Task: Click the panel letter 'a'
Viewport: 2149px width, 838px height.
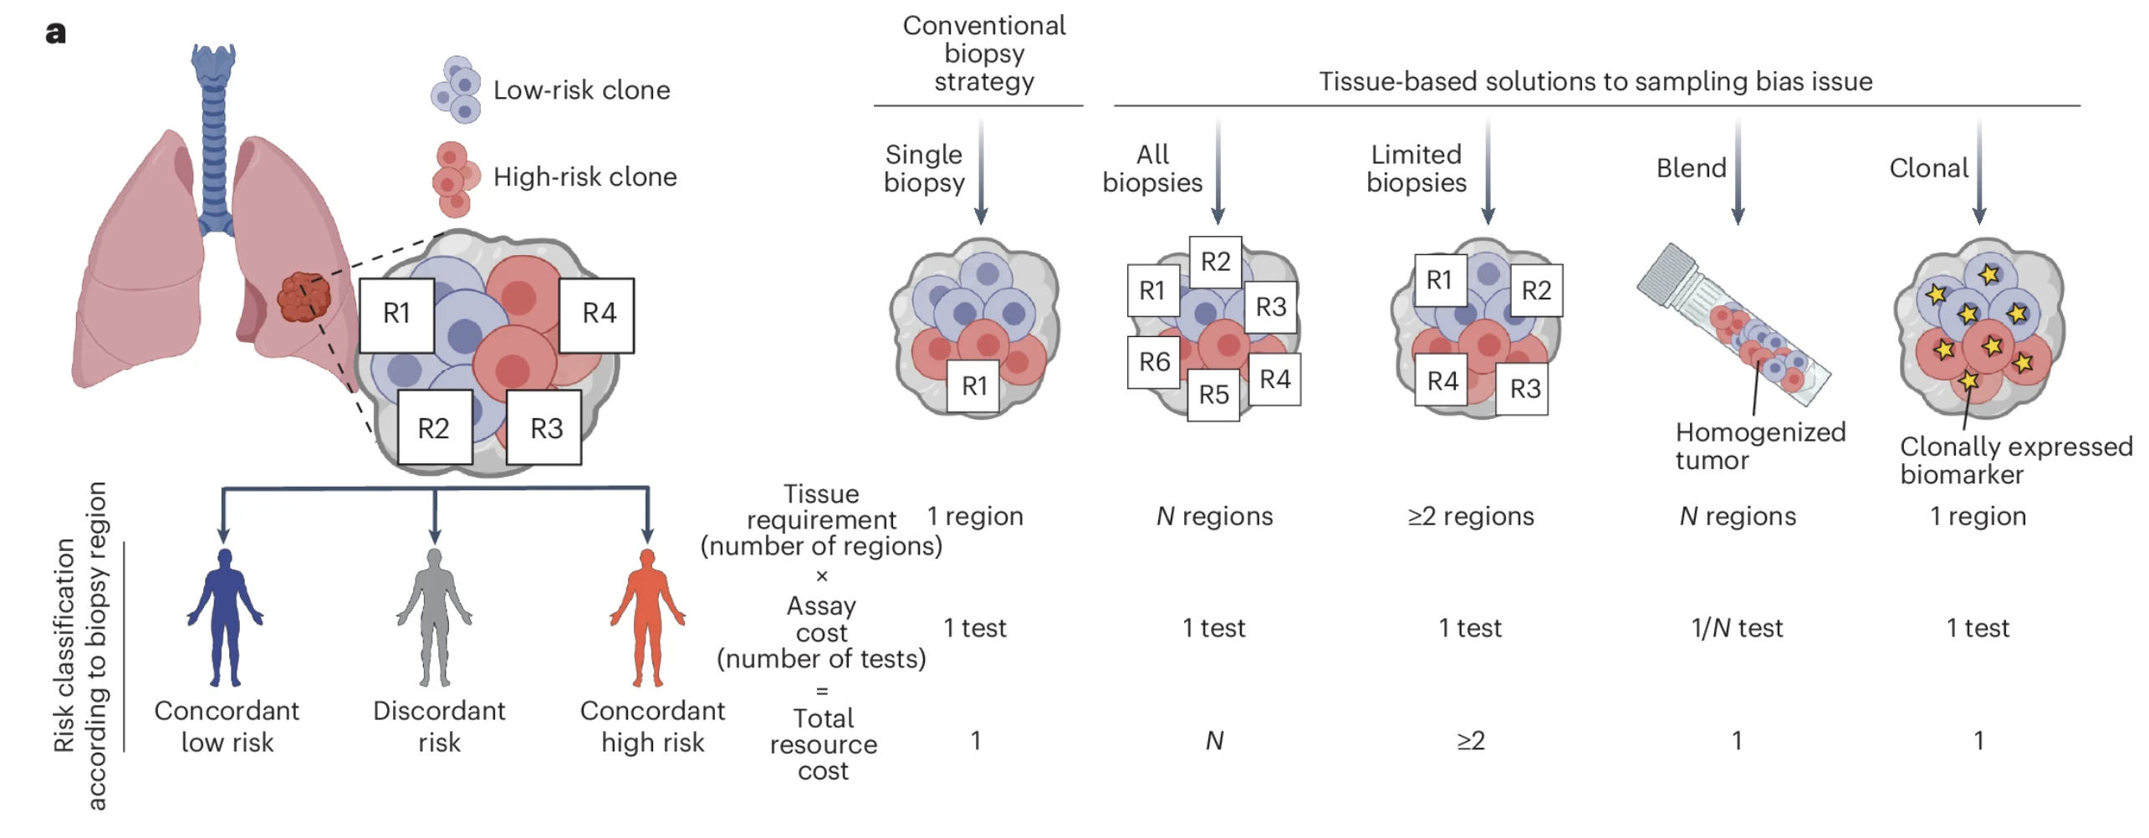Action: point(55,33)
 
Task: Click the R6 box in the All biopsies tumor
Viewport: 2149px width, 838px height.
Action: point(1153,362)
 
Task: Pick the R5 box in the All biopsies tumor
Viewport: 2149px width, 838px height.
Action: point(1212,394)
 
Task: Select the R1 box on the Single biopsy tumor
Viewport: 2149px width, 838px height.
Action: point(973,386)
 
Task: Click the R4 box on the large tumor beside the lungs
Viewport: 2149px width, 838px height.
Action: point(597,314)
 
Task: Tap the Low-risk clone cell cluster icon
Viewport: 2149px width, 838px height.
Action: point(457,89)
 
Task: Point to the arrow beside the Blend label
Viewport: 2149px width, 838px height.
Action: point(1737,171)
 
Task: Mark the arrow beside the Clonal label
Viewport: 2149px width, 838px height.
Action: point(1978,171)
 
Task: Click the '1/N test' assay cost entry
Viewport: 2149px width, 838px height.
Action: point(1736,628)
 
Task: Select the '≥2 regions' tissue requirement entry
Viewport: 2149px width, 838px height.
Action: point(1470,517)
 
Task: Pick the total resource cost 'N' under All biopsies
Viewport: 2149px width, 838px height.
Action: point(1214,741)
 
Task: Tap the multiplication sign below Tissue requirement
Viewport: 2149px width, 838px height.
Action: point(821,576)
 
